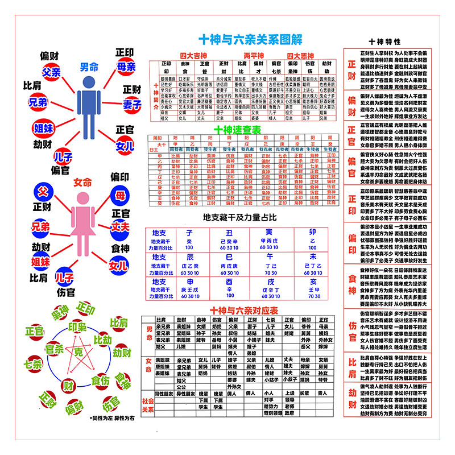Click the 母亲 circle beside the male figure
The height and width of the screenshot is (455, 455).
pyautogui.click(x=126, y=67)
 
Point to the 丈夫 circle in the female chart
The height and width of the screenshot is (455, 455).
pyautogui.click(x=120, y=226)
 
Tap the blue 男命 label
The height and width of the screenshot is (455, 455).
pyautogui.click(x=89, y=66)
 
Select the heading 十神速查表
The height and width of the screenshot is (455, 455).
pyautogui.click(x=237, y=130)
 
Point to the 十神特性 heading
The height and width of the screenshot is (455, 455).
pyautogui.click(x=384, y=42)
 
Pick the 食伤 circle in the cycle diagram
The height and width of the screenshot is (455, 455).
pyautogui.click(x=100, y=379)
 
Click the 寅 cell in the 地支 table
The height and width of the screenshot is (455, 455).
pyautogui.click(x=269, y=233)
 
